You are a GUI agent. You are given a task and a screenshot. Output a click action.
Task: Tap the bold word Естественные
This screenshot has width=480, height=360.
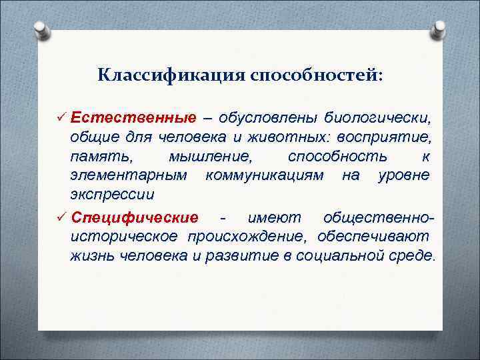click(133, 119)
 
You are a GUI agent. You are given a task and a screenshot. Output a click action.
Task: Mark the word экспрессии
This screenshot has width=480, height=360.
click(112, 195)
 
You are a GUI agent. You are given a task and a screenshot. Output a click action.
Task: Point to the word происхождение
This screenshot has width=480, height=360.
click(242, 237)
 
